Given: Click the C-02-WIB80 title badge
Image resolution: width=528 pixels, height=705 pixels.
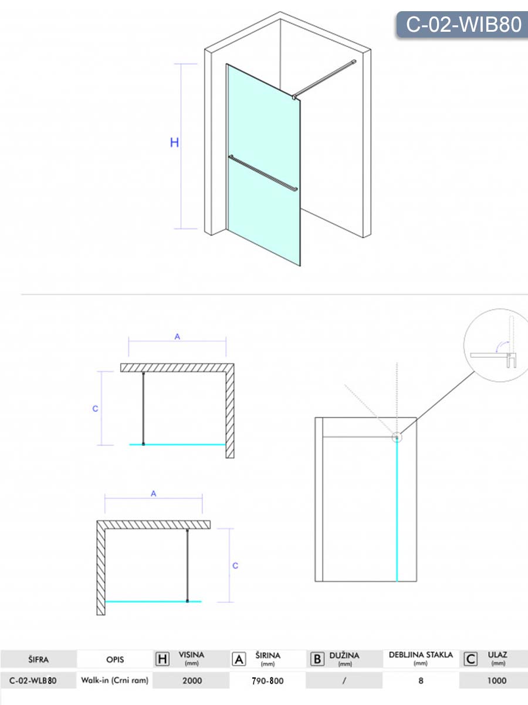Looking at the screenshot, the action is [x=463, y=25].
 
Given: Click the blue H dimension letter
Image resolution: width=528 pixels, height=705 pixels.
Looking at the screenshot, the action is [x=174, y=142].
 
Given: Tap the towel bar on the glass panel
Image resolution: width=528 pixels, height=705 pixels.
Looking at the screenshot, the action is [x=263, y=173].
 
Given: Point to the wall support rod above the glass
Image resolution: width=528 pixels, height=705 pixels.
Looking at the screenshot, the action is [x=324, y=79].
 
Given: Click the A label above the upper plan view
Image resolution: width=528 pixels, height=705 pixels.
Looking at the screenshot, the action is [x=177, y=337].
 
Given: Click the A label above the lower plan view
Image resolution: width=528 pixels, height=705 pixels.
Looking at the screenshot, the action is [x=154, y=493].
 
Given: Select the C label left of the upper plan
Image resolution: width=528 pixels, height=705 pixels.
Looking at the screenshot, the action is [x=95, y=408].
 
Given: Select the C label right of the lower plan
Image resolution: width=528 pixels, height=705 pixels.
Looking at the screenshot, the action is [x=235, y=566].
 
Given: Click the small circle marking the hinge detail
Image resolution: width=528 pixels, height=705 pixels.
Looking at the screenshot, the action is [x=397, y=437].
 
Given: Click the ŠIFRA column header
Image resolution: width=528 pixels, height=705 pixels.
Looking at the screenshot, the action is [x=39, y=659].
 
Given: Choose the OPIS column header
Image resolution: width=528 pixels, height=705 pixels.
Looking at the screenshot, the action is [x=115, y=659].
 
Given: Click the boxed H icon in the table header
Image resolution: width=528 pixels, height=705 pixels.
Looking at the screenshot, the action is [x=163, y=659].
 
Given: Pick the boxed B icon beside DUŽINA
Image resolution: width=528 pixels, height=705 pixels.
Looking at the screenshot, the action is [x=317, y=659].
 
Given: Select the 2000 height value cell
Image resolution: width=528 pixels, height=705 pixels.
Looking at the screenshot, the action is [x=192, y=680].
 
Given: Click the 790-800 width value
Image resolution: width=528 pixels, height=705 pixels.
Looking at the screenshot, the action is [x=268, y=681].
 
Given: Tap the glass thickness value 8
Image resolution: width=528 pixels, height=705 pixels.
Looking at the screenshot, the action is [x=421, y=680].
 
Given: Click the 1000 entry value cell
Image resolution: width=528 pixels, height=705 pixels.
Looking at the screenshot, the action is [x=497, y=680].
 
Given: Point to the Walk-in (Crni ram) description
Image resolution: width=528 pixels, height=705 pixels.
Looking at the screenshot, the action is [x=115, y=680].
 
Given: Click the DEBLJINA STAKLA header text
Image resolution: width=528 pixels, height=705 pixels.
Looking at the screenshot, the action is [x=421, y=655].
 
